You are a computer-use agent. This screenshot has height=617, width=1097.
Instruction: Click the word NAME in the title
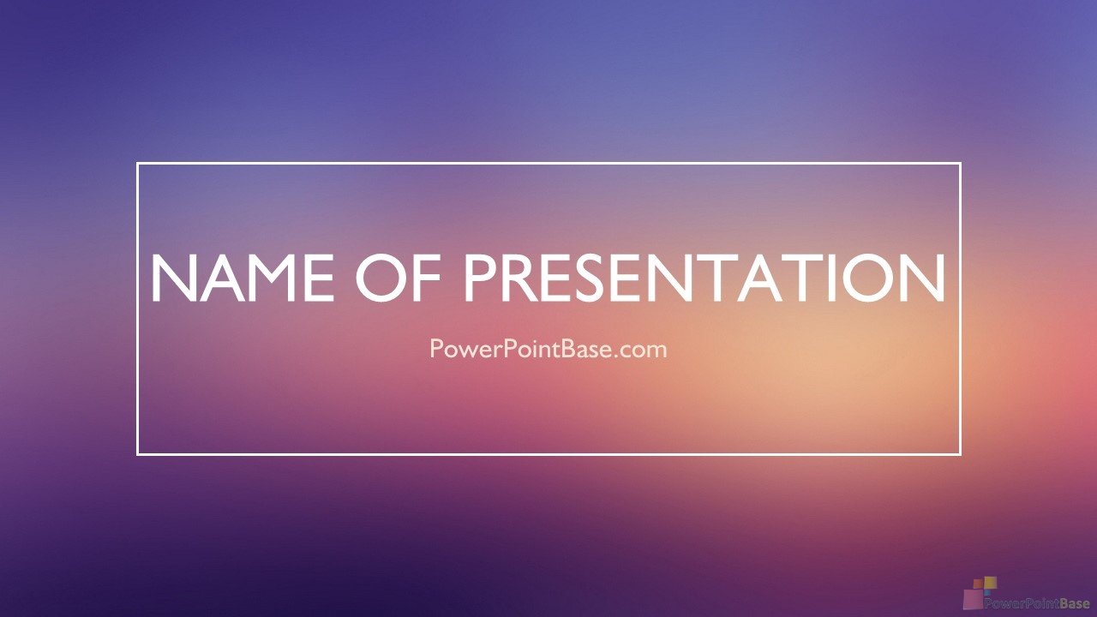pyautogui.click(x=243, y=278)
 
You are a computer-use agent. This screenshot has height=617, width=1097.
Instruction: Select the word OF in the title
pyautogui.click(x=398, y=278)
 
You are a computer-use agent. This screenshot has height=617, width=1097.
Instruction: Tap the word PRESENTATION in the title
pyautogui.click(x=704, y=278)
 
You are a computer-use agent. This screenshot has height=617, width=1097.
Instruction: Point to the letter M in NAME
pyautogui.click(x=272, y=278)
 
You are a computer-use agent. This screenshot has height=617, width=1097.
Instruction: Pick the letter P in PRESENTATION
pyautogui.click(x=479, y=278)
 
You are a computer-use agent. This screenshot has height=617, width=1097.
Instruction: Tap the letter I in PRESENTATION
pyautogui.click(x=829, y=278)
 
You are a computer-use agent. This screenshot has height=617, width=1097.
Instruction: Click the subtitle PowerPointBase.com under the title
pyautogui.click(x=548, y=349)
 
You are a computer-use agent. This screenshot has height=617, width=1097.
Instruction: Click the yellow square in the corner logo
pyautogui.click(x=991, y=583)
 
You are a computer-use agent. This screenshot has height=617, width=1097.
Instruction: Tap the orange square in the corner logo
pyautogui.click(x=978, y=584)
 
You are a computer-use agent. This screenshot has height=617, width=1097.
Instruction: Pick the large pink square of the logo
pyautogui.click(x=973, y=599)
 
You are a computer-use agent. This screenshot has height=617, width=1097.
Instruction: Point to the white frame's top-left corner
pyautogui.click(x=138, y=164)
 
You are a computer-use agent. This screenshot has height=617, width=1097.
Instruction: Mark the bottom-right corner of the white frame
pyautogui.click(x=960, y=454)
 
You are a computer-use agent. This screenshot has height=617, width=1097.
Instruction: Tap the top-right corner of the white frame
pyautogui.click(x=960, y=164)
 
